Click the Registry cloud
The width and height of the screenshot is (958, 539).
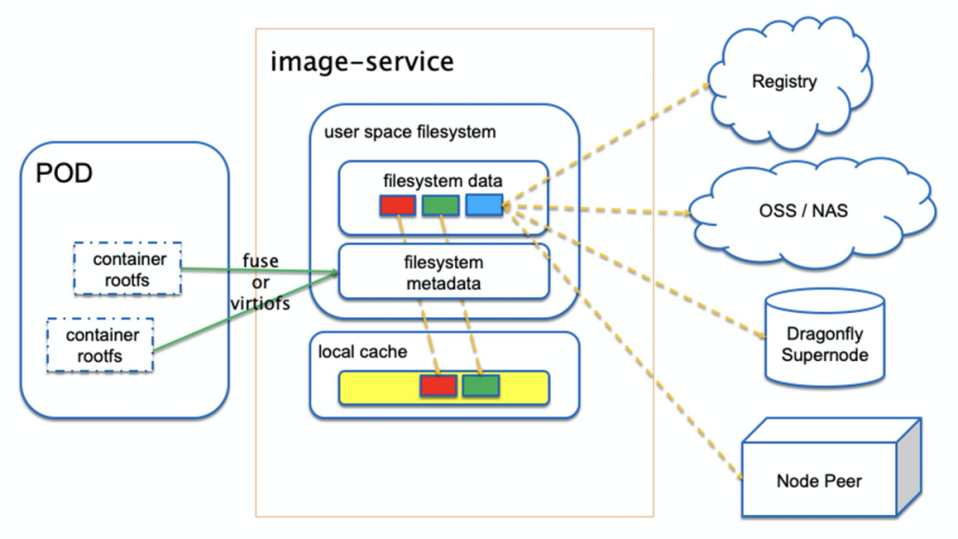[784, 82]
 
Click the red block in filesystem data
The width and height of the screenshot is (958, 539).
[397, 206]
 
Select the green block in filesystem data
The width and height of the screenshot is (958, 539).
[440, 206]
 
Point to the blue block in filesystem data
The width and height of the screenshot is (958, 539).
[483, 206]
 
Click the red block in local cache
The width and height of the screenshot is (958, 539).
[438, 386]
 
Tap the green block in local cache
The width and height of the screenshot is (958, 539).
[481, 386]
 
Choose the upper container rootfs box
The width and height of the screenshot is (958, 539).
[128, 269]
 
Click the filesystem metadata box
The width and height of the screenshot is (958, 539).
[444, 271]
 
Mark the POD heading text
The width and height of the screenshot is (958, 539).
[64, 174]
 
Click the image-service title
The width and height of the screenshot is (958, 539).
[362, 62]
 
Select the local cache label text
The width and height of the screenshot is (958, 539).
[363, 352]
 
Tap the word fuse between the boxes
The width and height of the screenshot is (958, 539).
[260, 262]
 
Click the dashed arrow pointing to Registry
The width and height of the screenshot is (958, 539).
[612, 142]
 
